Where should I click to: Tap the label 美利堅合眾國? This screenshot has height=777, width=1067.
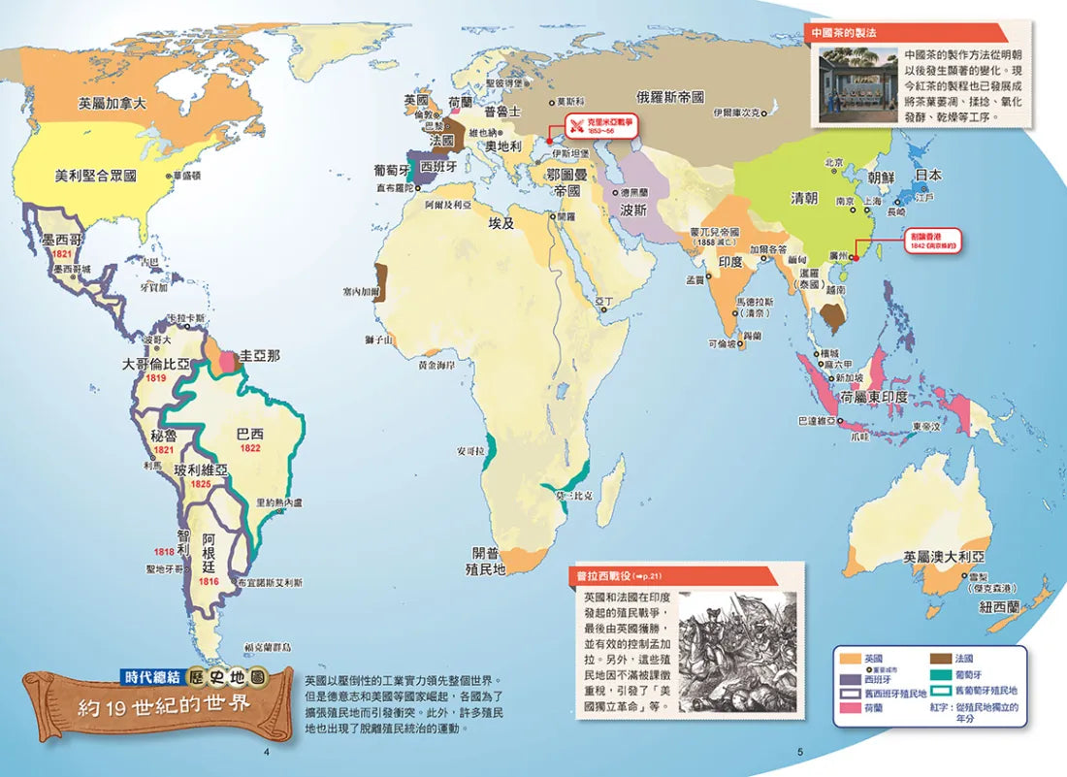tap(95, 176)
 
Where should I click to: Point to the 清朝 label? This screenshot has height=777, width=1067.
tap(804, 198)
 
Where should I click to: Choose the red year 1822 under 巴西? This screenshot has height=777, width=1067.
tap(249, 448)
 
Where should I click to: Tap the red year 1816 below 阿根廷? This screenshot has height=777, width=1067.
tap(209, 581)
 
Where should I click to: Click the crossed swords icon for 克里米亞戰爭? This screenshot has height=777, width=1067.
tap(576, 125)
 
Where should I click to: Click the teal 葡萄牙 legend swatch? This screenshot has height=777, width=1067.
tap(944, 674)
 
